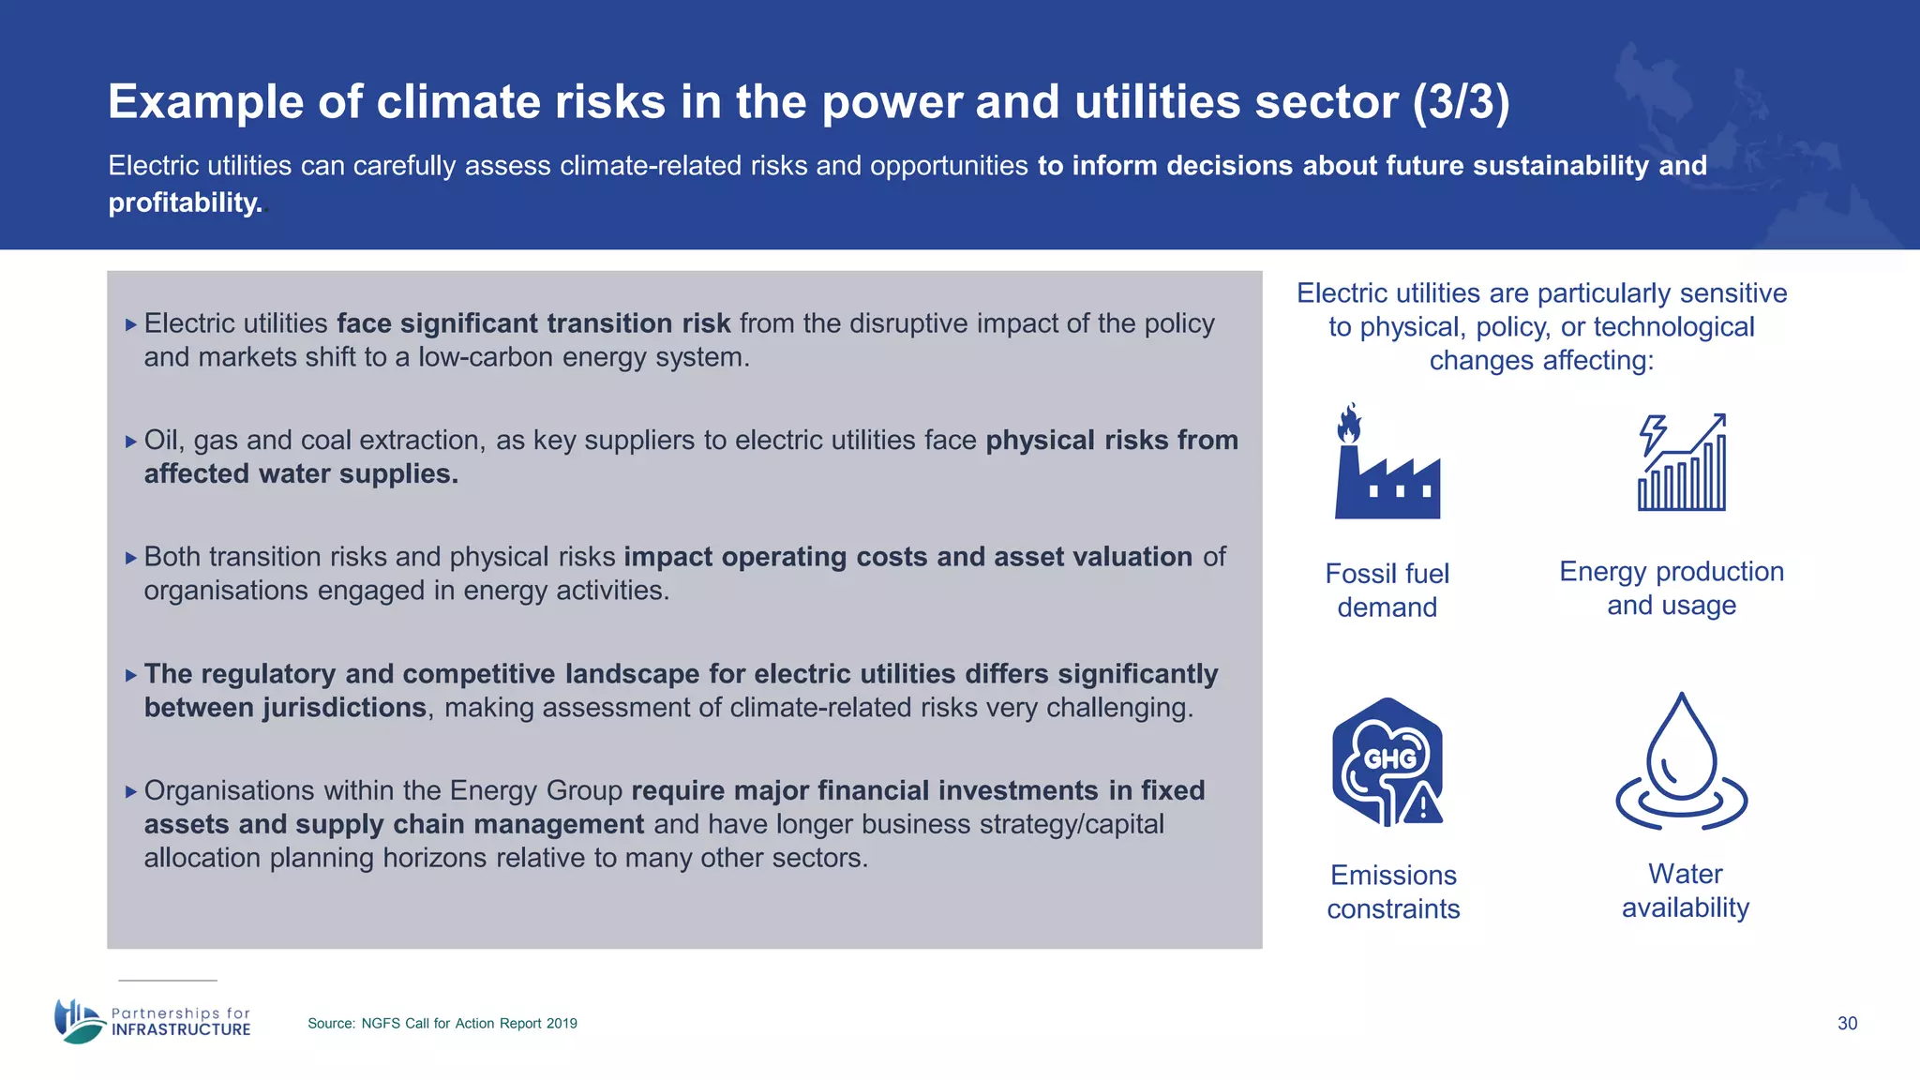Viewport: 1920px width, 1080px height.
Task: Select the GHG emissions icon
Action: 1387,762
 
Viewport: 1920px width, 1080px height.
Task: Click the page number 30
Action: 1847,1024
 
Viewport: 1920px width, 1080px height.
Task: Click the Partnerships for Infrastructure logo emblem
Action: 79,1021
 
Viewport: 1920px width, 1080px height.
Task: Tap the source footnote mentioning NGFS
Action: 442,1024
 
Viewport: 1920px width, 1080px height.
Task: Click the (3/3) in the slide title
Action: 1462,102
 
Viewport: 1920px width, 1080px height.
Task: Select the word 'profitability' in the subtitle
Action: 184,202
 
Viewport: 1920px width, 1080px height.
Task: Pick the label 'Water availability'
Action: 1686,891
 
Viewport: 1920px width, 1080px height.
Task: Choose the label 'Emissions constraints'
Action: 1393,892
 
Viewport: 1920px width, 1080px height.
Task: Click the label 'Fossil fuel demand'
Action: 1387,591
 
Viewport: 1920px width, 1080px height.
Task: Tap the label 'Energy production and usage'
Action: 1672,589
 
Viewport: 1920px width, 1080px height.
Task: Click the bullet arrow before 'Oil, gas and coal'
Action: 131,442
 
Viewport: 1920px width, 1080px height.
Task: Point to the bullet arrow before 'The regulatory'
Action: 131,675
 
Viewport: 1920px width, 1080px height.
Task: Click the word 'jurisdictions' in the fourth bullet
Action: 344,708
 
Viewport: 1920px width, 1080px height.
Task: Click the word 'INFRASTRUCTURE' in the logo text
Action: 181,1029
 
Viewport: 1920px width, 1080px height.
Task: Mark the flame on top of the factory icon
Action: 1349,424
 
